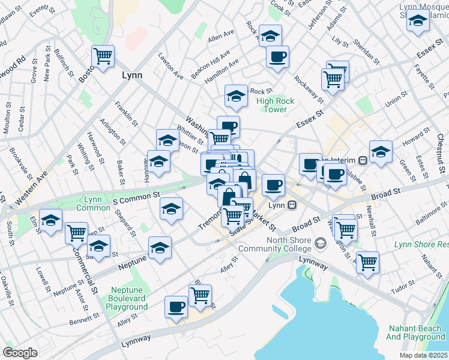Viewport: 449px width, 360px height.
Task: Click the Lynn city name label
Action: coord(132,76)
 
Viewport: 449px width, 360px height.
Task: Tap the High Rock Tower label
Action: coord(276,105)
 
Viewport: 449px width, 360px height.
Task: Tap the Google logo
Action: coord(20,352)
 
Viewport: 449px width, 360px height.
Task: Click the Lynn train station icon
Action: coord(292,205)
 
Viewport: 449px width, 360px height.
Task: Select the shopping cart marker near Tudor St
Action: coord(367,262)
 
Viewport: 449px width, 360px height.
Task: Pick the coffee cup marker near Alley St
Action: coord(176,307)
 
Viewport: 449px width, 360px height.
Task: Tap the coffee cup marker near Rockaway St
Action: coord(277,57)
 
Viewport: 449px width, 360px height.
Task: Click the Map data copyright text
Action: coord(424,355)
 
